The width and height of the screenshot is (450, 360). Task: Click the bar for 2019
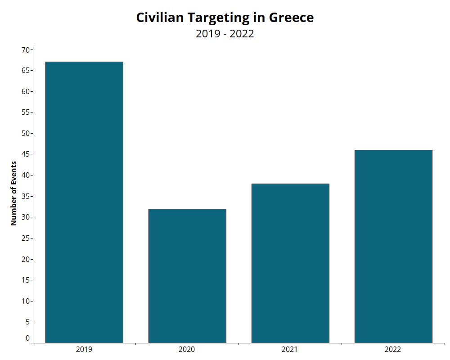84,202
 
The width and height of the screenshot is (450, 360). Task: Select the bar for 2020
187,275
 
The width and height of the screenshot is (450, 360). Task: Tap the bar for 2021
290,263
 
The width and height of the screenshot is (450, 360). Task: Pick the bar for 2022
393,246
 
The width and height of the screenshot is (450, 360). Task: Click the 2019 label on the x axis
84,349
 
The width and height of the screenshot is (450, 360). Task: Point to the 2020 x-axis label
187,349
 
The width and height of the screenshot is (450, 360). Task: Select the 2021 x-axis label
290,349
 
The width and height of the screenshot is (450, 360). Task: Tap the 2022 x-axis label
393,349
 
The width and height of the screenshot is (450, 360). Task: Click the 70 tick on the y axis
26,49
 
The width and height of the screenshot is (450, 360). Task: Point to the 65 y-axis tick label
26,71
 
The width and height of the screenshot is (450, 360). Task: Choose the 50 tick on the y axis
26,133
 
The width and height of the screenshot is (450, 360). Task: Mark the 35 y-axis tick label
26,196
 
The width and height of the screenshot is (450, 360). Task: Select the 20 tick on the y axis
26,259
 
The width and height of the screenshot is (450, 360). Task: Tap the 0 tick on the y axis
27,338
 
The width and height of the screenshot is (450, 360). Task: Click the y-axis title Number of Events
13,193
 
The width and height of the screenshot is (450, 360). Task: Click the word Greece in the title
291,18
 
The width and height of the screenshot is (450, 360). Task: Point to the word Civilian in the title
160,18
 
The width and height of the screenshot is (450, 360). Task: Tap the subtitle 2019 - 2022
225,34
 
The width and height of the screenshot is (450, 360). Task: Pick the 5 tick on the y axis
27,322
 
